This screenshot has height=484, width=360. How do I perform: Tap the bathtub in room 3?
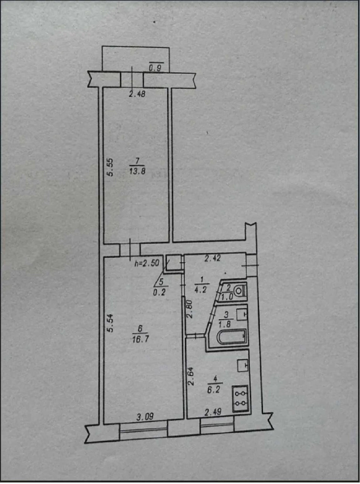(232, 337)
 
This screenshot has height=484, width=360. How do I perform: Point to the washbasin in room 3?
(242, 315)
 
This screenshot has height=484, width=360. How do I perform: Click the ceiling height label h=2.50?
(147, 263)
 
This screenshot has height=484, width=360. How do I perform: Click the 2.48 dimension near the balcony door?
(137, 95)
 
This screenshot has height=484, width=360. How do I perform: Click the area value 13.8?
(137, 171)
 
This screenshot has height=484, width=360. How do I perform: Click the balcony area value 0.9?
(155, 68)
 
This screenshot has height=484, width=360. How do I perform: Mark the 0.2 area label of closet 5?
(159, 293)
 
